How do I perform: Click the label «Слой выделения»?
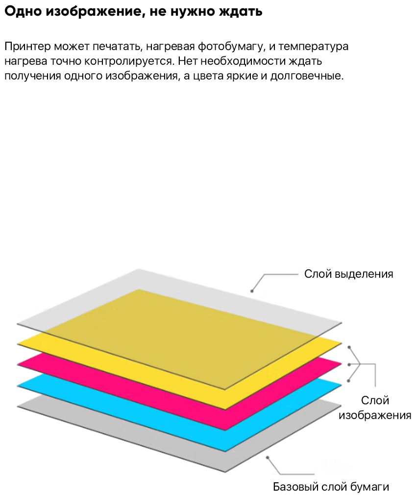tap(348, 274)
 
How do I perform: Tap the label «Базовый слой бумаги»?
tap(331, 487)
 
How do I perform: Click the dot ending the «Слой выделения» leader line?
tap(252, 291)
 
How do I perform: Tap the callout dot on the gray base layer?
tap(268, 457)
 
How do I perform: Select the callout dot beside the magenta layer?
tap(349, 365)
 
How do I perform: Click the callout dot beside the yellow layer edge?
tap(349, 347)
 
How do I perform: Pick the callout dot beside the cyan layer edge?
tap(349, 381)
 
